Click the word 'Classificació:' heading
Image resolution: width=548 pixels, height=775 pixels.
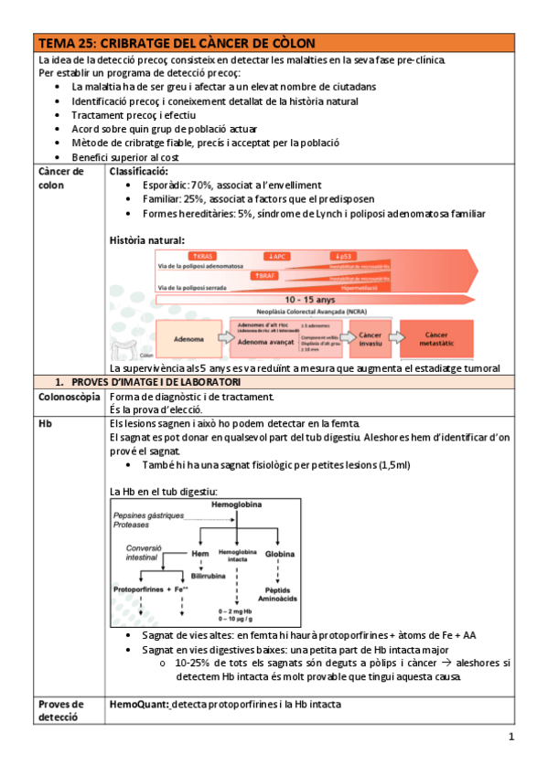(x=139, y=171)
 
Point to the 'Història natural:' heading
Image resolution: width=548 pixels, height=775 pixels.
(x=147, y=240)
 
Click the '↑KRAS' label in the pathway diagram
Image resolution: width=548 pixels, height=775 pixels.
(x=200, y=257)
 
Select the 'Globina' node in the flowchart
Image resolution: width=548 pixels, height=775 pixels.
(x=279, y=554)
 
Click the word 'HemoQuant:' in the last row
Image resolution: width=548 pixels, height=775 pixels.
(x=139, y=705)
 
